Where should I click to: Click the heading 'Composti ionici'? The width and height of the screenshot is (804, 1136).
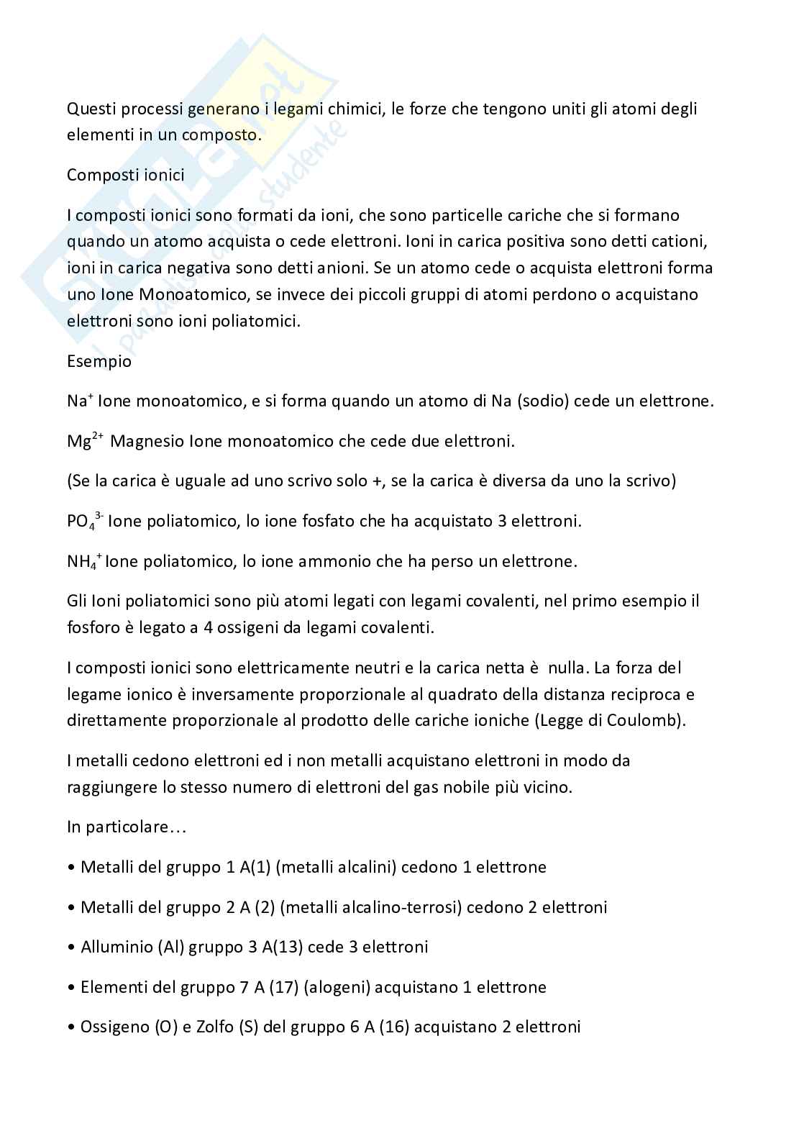click(x=125, y=175)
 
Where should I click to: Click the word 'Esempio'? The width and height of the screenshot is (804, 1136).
click(x=99, y=361)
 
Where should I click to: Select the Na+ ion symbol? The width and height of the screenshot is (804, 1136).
click(x=78, y=400)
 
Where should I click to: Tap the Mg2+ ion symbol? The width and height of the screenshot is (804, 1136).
click(x=85, y=440)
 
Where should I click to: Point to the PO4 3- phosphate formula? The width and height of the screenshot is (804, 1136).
click(x=85, y=521)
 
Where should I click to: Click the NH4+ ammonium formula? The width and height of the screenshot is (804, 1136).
click(x=83, y=561)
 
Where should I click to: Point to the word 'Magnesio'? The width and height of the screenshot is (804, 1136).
click(x=147, y=440)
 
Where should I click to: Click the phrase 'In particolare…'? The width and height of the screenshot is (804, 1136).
click(x=127, y=827)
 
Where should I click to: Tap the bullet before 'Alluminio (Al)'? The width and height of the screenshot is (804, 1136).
click(x=70, y=948)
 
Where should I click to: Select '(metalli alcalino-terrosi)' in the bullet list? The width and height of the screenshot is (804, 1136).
click(x=370, y=907)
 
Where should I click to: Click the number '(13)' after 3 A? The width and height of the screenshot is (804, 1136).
click(x=287, y=947)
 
